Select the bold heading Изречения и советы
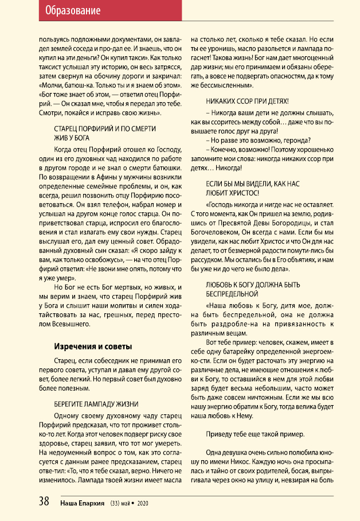click(93, 347)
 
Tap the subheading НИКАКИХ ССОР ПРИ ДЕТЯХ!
click(251, 101)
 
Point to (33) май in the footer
click(122, 503)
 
